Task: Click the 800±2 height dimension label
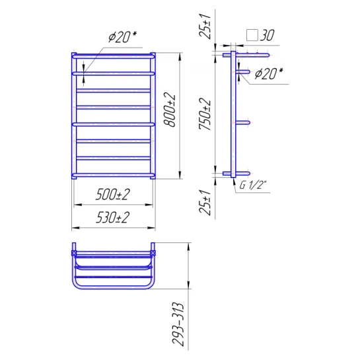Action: pos(170,110)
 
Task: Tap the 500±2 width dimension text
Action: pos(112,194)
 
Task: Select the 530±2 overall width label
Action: pos(112,217)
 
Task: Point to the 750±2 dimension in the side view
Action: pos(205,114)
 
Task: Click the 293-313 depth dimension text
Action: pos(178,324)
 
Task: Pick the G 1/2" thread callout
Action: pos(253,185)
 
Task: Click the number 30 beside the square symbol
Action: pos(268,35)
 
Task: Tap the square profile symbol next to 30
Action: pos(252,35)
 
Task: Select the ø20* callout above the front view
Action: pos(122,37)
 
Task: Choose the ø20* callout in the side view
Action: pos(269,74)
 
